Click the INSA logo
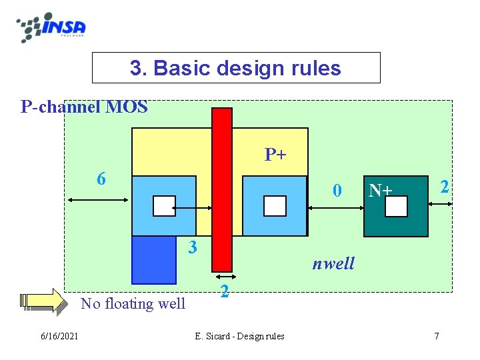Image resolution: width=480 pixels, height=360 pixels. point(52,27)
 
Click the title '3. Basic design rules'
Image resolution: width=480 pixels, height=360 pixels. point(235,68)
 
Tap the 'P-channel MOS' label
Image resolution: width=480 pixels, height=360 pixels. point(85,107)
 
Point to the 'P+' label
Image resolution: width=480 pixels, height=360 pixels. point(275,155)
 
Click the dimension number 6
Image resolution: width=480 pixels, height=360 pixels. point(101,179)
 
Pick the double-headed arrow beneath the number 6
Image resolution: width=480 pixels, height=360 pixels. point(97,199)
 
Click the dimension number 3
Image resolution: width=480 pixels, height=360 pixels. point(193,247)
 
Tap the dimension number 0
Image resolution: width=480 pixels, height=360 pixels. point(338,191)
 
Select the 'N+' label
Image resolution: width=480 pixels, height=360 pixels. point(381,191)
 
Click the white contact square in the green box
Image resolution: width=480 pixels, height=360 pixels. point(396,207)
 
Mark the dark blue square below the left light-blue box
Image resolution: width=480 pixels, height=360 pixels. point(154,260)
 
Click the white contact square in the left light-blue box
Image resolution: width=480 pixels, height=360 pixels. point(164,206)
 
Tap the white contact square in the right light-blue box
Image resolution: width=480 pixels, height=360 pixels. point(275,206)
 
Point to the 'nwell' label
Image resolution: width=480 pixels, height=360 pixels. point(333,263)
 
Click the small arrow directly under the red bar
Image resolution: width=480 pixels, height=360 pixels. point(225,276)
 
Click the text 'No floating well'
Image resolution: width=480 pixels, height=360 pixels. point(133,304)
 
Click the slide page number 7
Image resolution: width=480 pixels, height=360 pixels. point(437,336)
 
